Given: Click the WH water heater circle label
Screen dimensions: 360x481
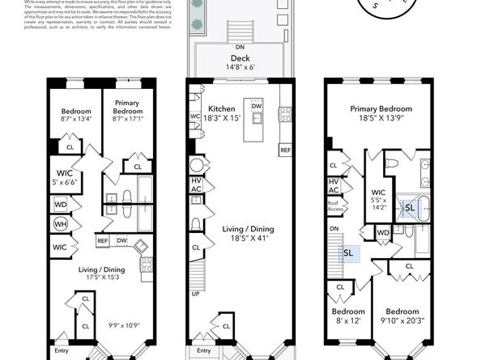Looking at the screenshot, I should (61, 224).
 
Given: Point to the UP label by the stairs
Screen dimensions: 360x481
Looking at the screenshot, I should (196, 294).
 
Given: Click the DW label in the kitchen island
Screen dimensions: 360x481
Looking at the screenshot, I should (257, 106).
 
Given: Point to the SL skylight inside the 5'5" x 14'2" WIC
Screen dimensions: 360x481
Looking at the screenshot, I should (410, 206).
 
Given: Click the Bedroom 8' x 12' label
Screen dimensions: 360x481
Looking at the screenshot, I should (346, 316).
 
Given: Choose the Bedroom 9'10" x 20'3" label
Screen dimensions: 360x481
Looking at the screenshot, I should (402, 316).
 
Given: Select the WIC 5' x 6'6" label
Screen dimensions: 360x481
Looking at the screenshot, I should (65, 176).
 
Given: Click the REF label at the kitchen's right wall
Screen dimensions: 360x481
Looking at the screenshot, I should (285, 150).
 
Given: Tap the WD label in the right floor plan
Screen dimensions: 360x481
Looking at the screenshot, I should (384, 233).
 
